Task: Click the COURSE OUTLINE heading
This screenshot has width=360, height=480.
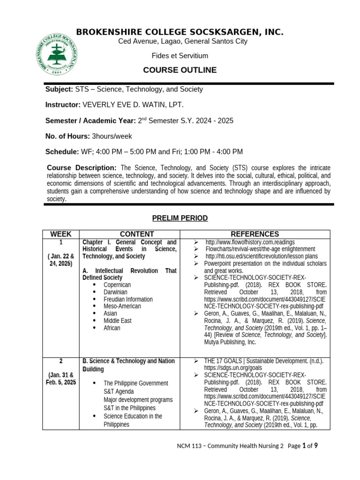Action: coord(180,70)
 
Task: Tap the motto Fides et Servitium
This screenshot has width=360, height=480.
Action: coord(180,56)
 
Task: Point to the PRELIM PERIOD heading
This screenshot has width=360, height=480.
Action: coord(180,218)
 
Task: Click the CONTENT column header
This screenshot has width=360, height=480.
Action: coord(136,234)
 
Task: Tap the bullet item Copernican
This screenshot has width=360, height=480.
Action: coord(117,285)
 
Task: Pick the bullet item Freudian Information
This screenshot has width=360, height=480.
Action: coord(128,299)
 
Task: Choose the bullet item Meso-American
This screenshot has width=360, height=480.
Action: coord(122,306)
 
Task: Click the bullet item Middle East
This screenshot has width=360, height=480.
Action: coord(118,321)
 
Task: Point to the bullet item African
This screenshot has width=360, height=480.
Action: coord(112,328)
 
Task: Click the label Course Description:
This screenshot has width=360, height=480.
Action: coord(82,168)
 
